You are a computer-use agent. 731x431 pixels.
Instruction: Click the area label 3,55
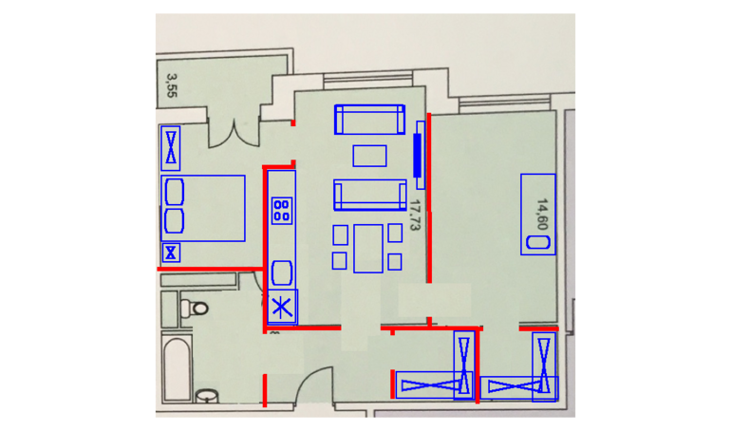click(172, 85)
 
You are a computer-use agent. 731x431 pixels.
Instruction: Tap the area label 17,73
click(415, 215)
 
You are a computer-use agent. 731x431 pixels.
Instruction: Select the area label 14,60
click(542, 215)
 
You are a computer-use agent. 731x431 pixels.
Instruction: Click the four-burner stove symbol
click(282, 211)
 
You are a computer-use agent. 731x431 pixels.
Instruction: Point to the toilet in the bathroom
click(195, 308)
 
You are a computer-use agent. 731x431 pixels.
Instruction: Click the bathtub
click(177, 368)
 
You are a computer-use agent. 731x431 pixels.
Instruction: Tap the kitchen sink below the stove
click(282, 273)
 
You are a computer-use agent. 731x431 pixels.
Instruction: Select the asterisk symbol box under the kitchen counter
click(283, 307)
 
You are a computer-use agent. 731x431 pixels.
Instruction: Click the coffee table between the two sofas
click(369, 156)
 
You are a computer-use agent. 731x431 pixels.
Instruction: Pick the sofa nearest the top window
click(369, 120)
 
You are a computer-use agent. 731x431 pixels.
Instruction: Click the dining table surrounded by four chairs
click(368, 249)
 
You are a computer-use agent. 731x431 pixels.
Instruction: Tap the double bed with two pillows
click(203, 208)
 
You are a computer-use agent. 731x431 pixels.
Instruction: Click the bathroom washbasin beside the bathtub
click(208, 396)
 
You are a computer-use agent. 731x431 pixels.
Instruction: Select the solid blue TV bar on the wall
click(418, 155)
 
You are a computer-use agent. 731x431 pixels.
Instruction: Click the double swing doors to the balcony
click(234, 133)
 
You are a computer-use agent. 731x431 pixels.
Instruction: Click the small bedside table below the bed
click(171, 253)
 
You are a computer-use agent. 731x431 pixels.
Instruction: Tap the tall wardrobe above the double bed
click(171, 148)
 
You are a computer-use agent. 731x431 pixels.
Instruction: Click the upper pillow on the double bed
click(175, 192)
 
